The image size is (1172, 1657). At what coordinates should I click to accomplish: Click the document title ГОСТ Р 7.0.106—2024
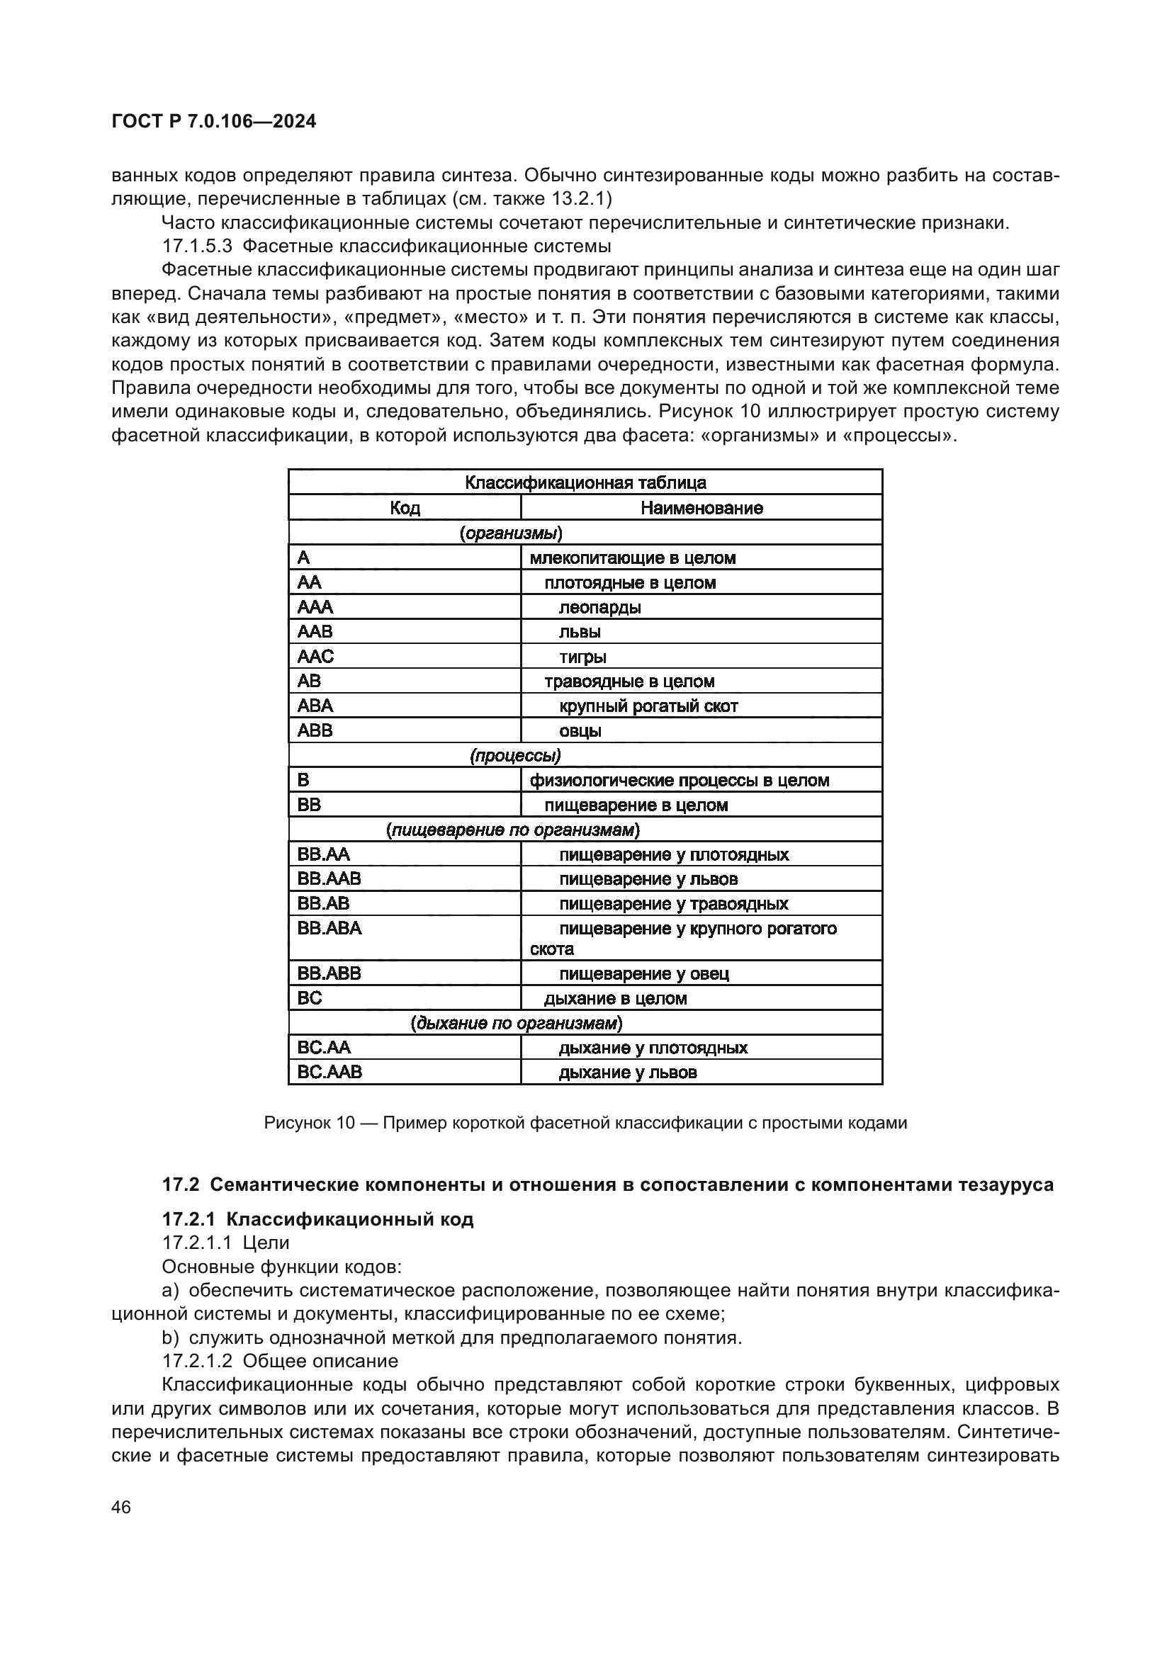213,122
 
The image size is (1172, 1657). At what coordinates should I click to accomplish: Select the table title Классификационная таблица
585,482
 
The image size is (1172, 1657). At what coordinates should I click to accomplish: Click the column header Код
405,507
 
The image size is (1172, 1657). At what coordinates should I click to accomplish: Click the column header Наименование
701,507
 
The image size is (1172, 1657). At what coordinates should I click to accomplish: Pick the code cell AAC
315,656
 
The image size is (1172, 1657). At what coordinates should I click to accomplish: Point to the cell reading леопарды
599,607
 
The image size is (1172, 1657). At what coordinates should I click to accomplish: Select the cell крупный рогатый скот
648,706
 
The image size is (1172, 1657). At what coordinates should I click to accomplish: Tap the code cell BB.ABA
329,928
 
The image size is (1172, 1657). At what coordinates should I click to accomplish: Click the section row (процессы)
514,755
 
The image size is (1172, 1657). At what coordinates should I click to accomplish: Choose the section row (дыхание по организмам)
516,1023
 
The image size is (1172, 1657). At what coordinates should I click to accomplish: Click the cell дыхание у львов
628,1072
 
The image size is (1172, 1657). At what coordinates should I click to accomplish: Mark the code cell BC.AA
324,1047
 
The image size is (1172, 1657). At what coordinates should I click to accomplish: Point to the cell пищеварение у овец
643,973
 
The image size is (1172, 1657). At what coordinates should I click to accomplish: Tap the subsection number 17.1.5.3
197,245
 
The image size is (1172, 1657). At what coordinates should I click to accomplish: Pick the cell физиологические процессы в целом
679,780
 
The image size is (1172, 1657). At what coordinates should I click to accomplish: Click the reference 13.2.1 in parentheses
582,198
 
